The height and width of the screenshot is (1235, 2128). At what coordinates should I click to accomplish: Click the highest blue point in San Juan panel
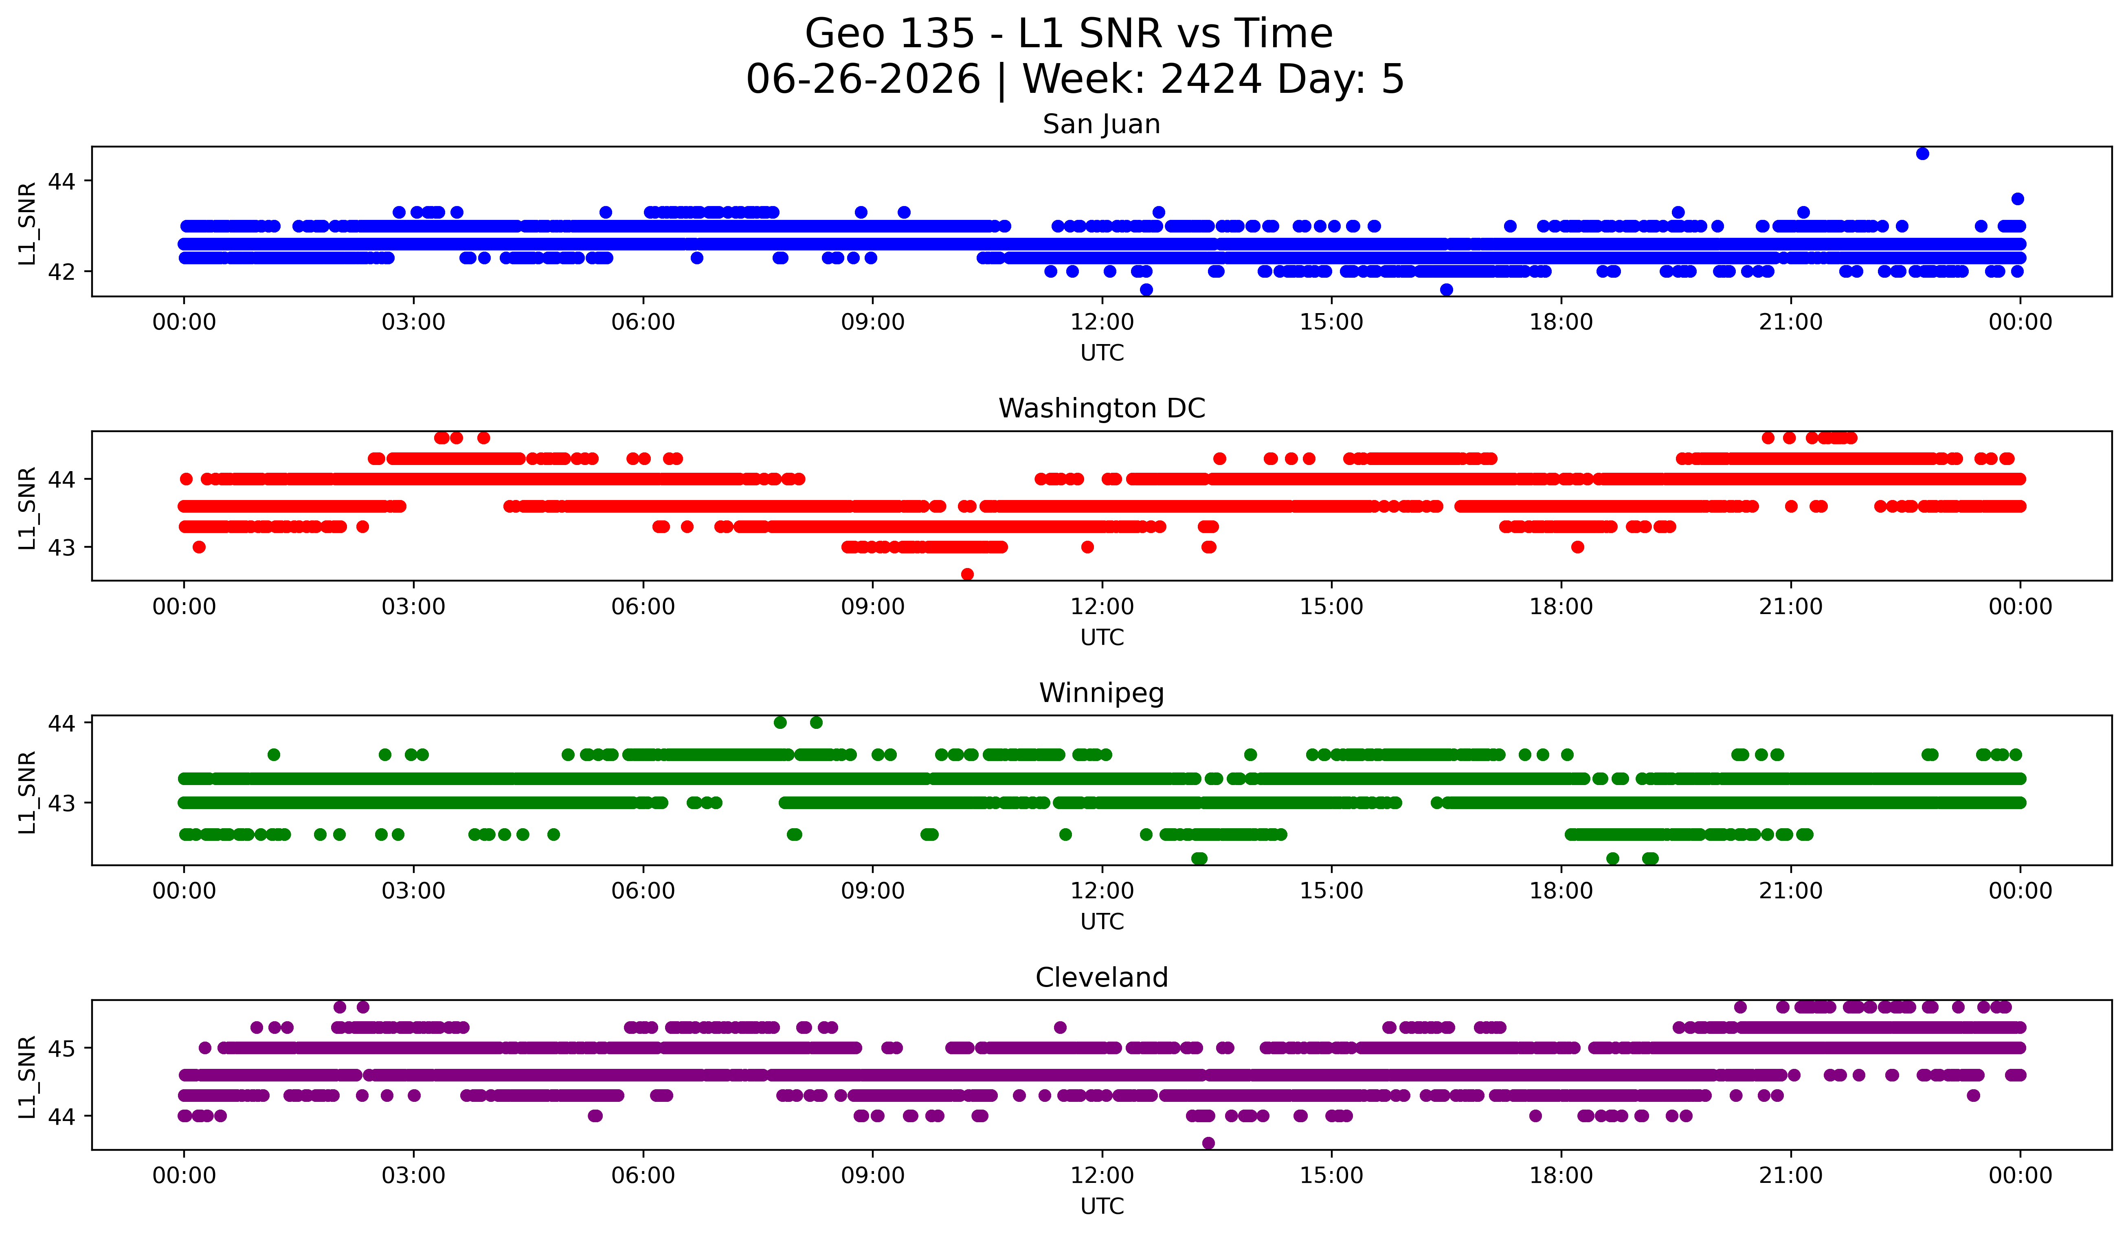click(1923, 154)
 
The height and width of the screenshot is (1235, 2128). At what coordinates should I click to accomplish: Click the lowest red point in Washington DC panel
click(968, 574)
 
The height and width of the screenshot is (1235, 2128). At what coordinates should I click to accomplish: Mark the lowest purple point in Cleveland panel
click(1208, 1143)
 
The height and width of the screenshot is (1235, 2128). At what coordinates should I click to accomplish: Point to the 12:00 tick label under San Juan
click(1102, 322)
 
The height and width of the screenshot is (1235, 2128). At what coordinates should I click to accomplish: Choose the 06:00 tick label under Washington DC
click(643, 607)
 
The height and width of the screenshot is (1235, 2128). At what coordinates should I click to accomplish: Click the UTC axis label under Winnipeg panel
click(1102, 922)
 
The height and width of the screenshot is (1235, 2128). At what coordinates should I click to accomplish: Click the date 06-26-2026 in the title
click(863, 79)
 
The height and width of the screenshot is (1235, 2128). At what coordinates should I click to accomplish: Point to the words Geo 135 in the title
click(890, 34)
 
